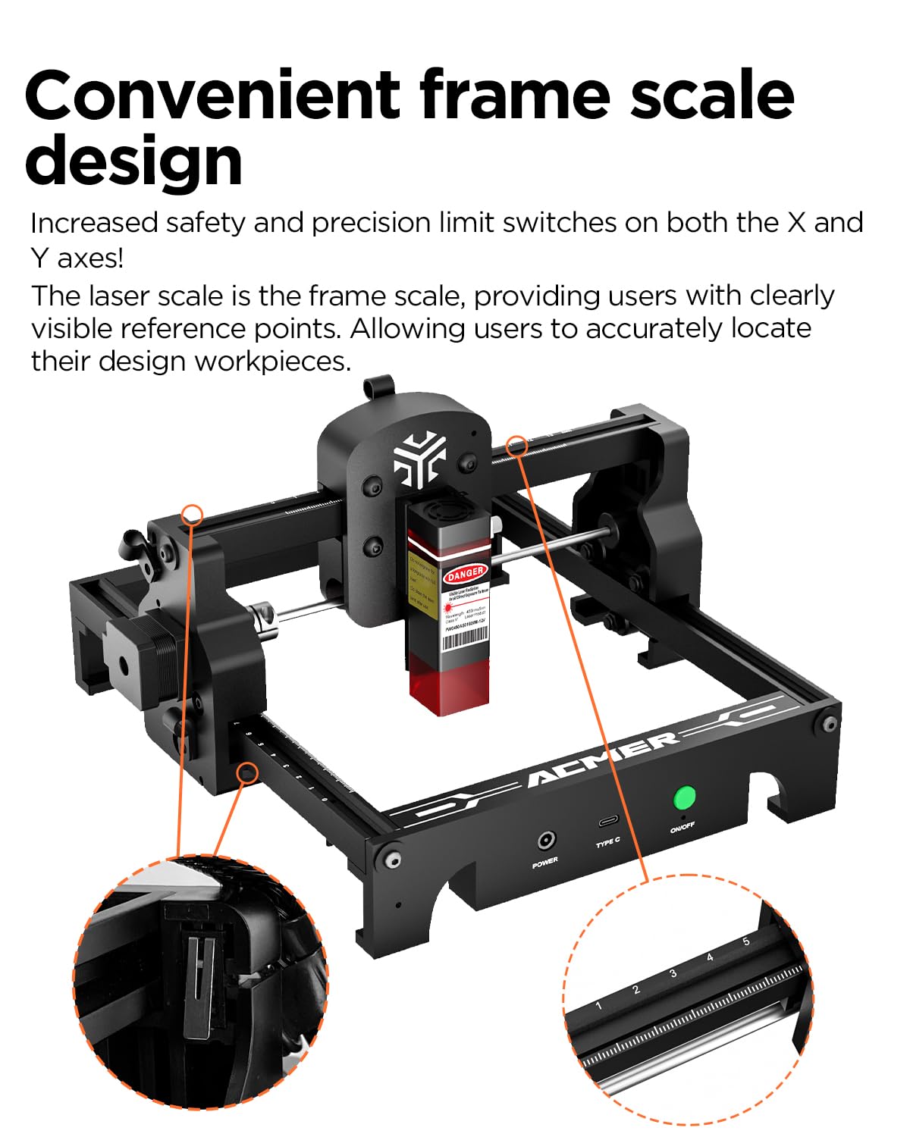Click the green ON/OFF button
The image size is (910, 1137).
[x=684, y=797]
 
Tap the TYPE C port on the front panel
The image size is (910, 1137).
[x=608, y=822]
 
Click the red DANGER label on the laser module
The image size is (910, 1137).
[x=464, y=573]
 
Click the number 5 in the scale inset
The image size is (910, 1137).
[x=746, y=941]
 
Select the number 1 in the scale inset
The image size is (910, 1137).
[x=598, y=1006]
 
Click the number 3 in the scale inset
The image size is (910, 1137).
[x=673, y=973]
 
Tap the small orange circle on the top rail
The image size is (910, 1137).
[x=516, y=446]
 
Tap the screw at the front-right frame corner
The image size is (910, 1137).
[x=828, y=721]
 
